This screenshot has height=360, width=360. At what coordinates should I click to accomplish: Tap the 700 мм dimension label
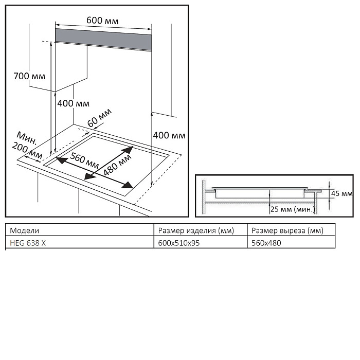(29, 77)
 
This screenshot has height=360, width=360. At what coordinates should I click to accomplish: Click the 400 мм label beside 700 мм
(73, 103)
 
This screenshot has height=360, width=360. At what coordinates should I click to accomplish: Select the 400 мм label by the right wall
(169, 135)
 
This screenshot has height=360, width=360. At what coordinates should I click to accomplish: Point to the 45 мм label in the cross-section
(341, 194)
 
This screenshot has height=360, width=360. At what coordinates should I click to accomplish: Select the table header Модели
(25, 230)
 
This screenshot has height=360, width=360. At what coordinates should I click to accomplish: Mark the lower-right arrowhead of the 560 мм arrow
(125, 186)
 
